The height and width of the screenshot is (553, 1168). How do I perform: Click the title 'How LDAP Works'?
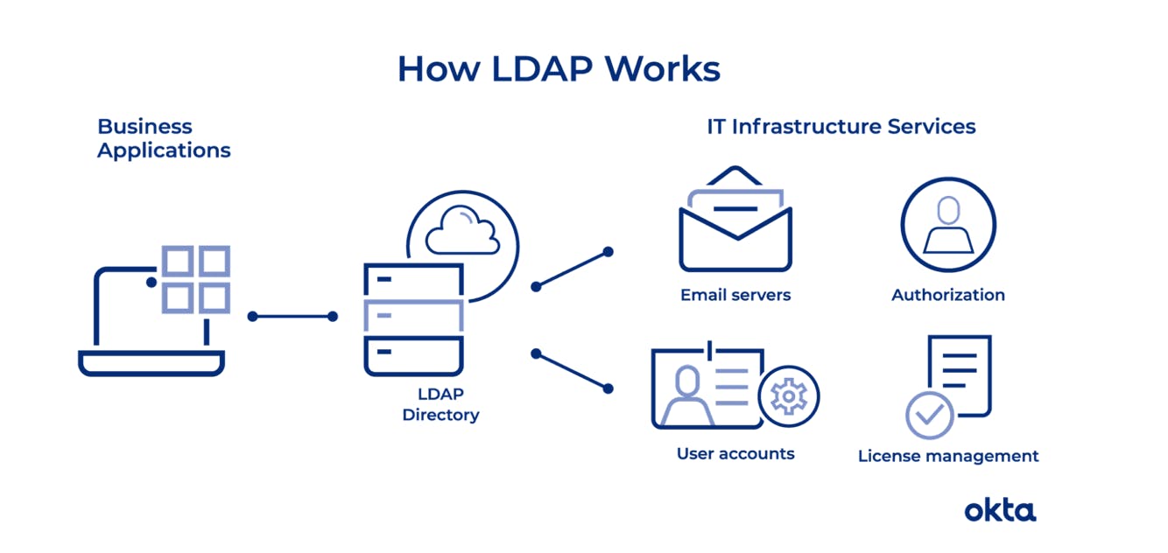pyautogui.click(x=559, y=69)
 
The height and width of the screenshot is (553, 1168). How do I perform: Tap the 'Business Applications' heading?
pyautogui.click(x=164, y=138)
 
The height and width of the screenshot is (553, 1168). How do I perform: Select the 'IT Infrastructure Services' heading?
pyautogui.click(x=841, y=127)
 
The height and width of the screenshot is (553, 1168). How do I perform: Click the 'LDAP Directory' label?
pyautogui.click(x=440, y=404)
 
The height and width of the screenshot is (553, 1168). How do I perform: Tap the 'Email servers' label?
pyautogui.click(x=735, y=295)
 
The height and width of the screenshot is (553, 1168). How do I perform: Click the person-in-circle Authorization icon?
pyautogui.click(x=948, y=225)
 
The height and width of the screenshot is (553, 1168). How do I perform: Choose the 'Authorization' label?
pyautogui.click(x=948, y=295)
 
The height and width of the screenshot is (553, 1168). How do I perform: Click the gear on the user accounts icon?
pyautogui.click(x=788, y=396)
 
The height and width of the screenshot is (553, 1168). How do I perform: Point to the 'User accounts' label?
pyautogui.click(x=735, y=454)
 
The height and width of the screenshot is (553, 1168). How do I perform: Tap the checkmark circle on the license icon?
pyautogui.click(x=930, y=415)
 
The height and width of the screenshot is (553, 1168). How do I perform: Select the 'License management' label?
pyautogui.click(x=948, y=456)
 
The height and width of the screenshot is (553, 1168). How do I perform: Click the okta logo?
pyautogui.click(x=1000, y=509)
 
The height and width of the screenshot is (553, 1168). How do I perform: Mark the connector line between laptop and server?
pyautogui.click(x=292, y=317)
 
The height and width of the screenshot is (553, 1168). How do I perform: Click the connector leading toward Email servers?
pyautogui.click(x=572, y=269)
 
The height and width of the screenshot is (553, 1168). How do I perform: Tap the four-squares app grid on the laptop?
pyautogui.click(x=196, y=279)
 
